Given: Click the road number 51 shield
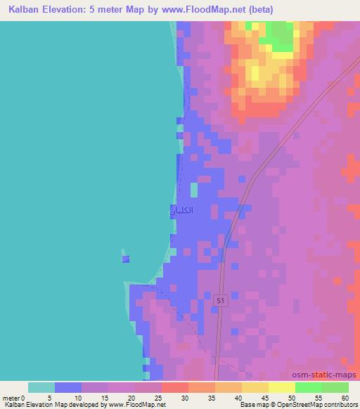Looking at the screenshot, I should [221, 300].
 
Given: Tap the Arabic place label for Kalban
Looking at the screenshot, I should [181, 210].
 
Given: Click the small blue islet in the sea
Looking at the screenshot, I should [126, 259].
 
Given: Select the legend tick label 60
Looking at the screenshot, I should [347, 398].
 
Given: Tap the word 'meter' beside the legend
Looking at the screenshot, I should [11, 398].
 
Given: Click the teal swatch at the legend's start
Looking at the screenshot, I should [41, 387].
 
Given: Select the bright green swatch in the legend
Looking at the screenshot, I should [308, 387].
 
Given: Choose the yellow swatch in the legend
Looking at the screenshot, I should [281, 387].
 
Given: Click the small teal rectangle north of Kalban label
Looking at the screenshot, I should [194, 190].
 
